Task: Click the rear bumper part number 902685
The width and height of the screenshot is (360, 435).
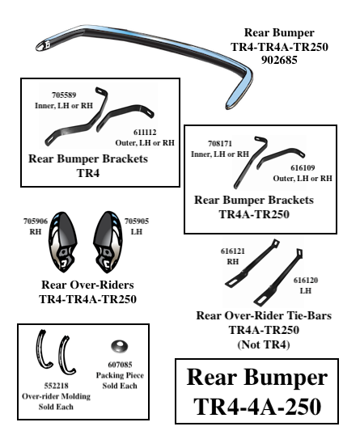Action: [x=279, y=60]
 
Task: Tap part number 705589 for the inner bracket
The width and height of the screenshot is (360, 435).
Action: [x=64, y=95]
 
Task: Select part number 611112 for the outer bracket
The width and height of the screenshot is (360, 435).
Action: [x=145, y=132]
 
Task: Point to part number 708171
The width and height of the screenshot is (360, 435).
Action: [x=220, y=144]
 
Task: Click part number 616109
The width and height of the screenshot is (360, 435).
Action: [x=303, y=168]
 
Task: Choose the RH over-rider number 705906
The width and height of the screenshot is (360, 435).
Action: [x=36, y=221]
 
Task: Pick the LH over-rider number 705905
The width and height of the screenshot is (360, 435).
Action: [x=137, y=221]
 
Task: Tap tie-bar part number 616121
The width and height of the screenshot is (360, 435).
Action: [x=233, y=251]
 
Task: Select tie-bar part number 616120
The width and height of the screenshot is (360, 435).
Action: [x=306, y=281]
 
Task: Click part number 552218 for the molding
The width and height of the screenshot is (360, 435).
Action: [x=56, y=386]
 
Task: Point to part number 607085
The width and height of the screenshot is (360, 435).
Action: [x=120, y=365]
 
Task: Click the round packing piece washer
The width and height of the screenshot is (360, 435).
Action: [x=120, y=347]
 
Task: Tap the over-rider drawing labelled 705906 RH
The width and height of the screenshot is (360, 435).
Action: [x=63, y=242]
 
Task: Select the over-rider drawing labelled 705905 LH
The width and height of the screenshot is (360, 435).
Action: [x=108, y=242]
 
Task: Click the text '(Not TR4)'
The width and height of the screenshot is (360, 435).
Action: [x=264, y=344]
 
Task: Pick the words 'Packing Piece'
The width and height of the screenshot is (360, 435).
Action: [x=120, y=375]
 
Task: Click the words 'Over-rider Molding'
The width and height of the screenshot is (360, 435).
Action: [x=56, y=396]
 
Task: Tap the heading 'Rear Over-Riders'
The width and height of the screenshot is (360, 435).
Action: [x=87, y=285]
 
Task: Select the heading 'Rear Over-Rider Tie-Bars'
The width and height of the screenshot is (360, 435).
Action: [x=264, y=315]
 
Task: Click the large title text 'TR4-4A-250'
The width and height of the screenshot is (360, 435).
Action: [x=257, y=407]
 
